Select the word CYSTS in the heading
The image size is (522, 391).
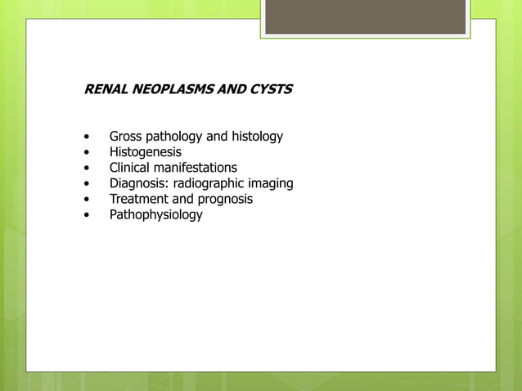tap(269, 89)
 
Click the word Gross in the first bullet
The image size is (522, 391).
tap(126, 137)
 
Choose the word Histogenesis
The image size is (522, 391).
tap(146, 152)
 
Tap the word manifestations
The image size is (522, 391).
tap(196, 168)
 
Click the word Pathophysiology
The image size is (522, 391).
tap(156, 215)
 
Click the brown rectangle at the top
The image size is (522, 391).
tap(365, 16)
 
